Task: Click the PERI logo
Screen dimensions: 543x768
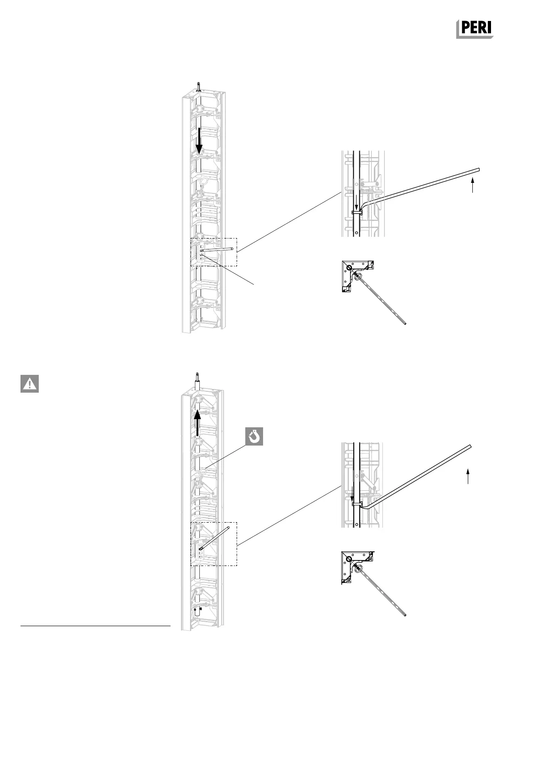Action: (475, 29)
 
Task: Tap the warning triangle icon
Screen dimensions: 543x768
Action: (29, 384)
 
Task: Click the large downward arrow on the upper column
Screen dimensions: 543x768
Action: (199, 141)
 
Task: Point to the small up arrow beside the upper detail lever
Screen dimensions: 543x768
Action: (473, 185)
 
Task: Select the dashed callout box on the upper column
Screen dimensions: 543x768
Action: (214, 251)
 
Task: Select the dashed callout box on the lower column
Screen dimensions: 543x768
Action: (214, 544)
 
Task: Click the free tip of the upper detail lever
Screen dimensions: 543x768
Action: (478, 170)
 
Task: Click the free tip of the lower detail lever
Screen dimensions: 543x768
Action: (470, 446)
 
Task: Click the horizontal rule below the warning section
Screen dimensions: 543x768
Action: (95, 627)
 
